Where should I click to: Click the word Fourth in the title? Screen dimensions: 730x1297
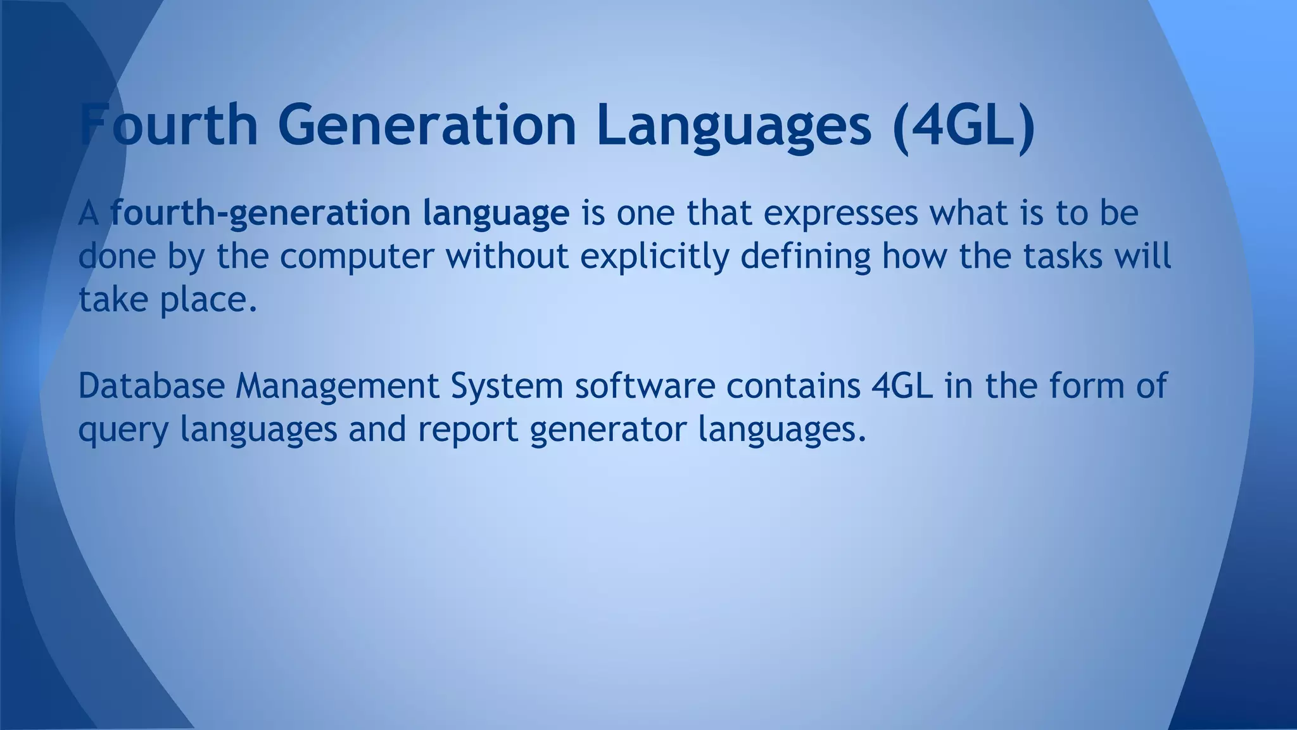tap(168, 125)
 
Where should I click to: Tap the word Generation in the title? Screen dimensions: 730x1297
tap(427, 125)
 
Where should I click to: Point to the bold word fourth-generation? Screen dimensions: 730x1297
tap(260, 214)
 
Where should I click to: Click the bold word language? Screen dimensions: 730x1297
tap(496, 214)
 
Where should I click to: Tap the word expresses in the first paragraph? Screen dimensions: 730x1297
tap(840, 214)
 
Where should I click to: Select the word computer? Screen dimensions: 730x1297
tap(357, 257)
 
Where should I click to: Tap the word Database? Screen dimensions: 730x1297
tap(151, 386)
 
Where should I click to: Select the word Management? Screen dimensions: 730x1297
tap(337, 386)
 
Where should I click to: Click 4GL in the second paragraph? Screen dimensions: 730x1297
tap(902, 386)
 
